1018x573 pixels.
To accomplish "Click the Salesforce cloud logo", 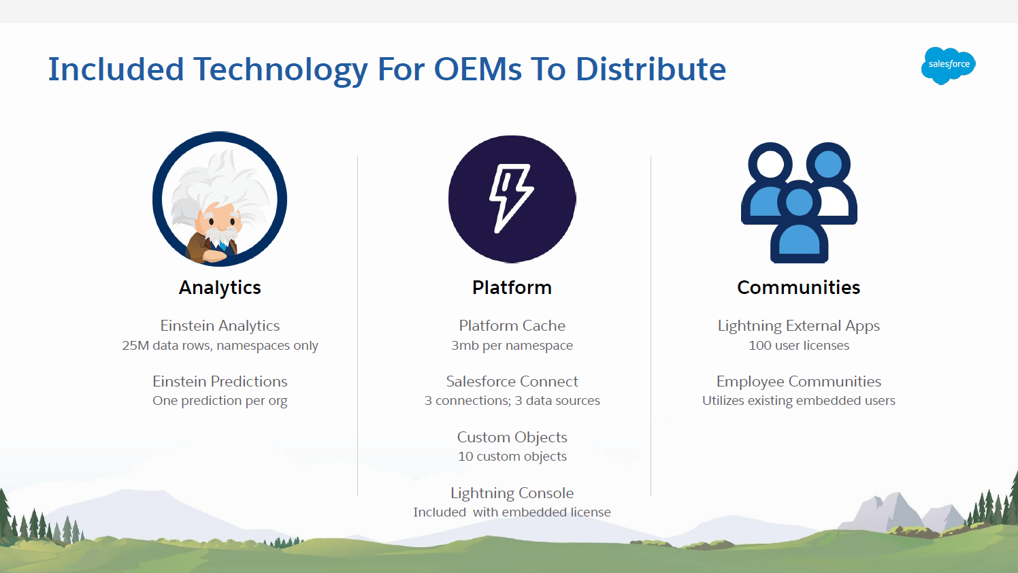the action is point(948,65).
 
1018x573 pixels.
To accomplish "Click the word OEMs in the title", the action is point(478,69).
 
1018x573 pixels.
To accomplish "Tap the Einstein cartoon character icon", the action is point(220,199).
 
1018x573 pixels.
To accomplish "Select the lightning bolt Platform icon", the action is point(512,199).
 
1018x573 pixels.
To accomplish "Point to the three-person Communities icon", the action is point(799,203).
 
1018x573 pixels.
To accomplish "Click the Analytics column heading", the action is point(220,288).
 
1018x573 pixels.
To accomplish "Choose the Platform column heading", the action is point(512,288).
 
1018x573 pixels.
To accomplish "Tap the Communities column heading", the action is point(798,288).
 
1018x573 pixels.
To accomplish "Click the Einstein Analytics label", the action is point(220,326).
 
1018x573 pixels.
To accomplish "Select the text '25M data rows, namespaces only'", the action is point(220,345).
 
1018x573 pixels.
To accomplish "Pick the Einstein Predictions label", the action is point(220,381).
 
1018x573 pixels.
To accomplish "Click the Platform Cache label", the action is point(512,326).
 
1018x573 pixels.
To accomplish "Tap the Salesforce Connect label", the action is point(512,381).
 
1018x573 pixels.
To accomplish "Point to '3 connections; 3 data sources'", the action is point(512,400).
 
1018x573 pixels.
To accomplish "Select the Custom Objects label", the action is point(512,437).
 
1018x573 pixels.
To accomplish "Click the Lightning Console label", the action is point(512,493).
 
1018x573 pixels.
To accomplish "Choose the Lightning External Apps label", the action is point(798,326).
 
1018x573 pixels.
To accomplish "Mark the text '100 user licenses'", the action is point(798,345).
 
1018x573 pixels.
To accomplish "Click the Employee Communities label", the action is point(798,381).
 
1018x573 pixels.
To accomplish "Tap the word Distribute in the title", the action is point(651,69).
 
